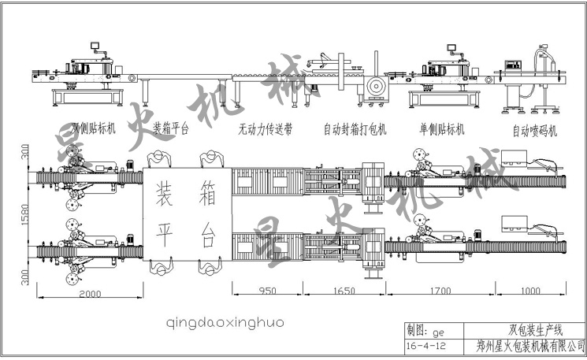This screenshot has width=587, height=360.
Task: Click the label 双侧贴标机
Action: point(94,128)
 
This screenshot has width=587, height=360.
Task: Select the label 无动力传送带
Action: point(265,128)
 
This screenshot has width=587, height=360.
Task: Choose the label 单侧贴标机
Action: point(442,128)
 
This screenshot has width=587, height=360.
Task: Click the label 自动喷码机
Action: point(535,131)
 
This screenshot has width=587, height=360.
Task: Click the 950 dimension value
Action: point(268,291)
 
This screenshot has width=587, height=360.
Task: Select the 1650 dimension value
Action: point(346,291)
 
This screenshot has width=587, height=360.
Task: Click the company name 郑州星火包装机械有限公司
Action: point(531,344)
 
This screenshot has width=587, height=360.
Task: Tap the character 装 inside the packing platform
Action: point(166,190)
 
